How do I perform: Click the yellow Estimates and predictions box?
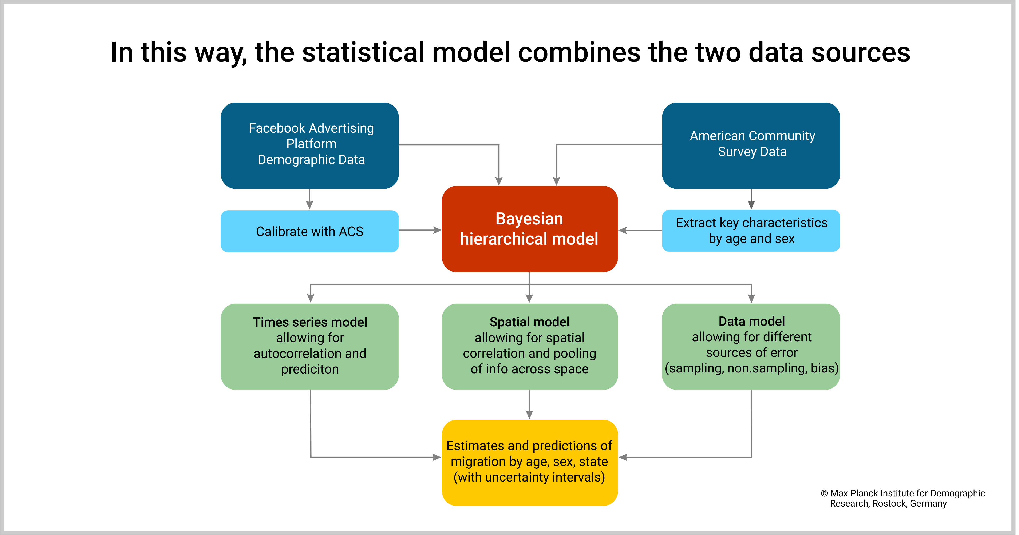(529, 462)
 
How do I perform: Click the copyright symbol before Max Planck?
(824, 494)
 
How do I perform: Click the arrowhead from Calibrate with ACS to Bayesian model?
(438, 230)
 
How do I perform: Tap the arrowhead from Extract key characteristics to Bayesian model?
(623, 230)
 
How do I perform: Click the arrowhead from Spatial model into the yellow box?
(529, 414)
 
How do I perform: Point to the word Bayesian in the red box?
(529, 219)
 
